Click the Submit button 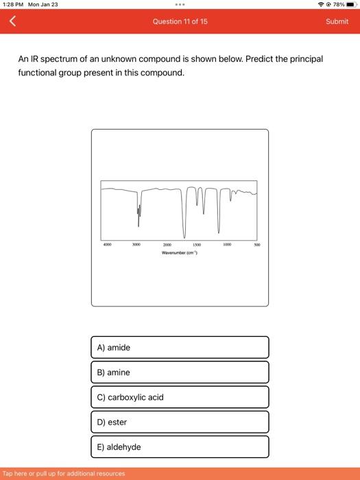click(337, 21)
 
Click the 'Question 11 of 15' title click(180, 21)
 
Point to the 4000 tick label click(107, 244)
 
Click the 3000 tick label click(137, 244)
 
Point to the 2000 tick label click(167, 245)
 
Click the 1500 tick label click(197, 245)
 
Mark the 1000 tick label click(227, 244)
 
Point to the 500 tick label click(256, 244)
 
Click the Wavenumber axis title click(179, 252)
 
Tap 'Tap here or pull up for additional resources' click(64, 473)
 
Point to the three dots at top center click(180, 4)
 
